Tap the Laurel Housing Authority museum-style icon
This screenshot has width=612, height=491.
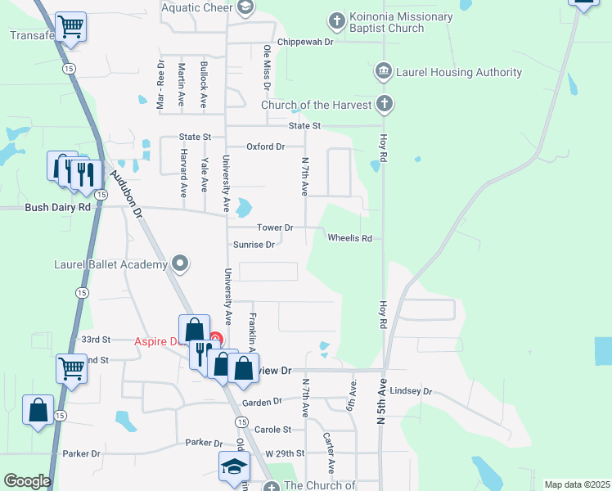(383, 72)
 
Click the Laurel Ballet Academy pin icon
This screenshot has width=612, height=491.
(181, 264)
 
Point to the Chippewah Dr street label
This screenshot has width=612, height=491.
(305, 41)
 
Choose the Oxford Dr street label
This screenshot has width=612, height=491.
(265, 146)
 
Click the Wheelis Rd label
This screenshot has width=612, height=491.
(349, 238)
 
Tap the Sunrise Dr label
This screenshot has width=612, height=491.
(253, 244)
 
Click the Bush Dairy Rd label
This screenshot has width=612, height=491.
(57, 208)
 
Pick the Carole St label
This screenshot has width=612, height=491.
(272, 430)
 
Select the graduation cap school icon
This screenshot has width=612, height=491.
(233, 467)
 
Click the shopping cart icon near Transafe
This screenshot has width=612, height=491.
(71, 27)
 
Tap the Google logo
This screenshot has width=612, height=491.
(27, 481)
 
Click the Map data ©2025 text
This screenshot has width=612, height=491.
(577, 484)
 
